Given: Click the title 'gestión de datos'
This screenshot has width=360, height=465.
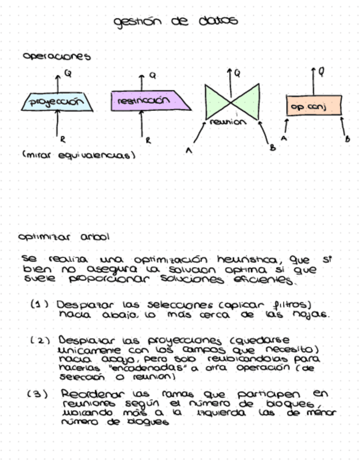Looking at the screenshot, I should point(175,22).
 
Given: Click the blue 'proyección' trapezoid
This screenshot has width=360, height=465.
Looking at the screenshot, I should point(57,102).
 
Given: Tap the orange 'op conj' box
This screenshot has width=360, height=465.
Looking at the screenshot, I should point(313,105).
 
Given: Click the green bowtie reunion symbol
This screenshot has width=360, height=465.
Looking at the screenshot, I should point(231,101).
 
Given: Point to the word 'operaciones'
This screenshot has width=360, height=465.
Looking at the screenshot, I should point(57,56).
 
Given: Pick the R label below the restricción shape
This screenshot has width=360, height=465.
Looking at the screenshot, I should point(148,140).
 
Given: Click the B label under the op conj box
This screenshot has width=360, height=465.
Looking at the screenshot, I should point(347,139).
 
